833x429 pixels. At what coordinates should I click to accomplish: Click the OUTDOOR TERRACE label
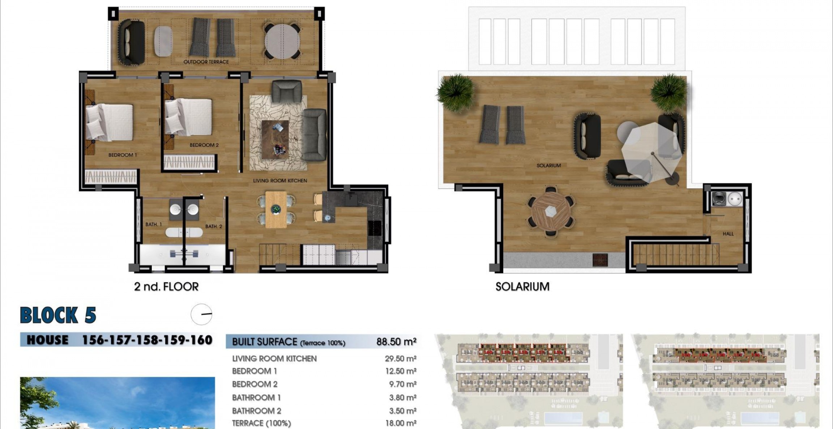(206, 62)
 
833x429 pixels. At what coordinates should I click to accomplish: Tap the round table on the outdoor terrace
(282, 41)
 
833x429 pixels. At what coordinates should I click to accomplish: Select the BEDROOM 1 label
(123, 155)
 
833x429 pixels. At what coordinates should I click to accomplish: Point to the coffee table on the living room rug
(275, 139)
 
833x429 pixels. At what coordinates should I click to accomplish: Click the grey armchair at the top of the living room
(286, 91)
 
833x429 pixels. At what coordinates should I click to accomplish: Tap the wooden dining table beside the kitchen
(276, 210)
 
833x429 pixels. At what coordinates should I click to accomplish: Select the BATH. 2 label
(214, 227)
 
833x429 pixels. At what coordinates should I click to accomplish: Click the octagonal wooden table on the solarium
(551, 211)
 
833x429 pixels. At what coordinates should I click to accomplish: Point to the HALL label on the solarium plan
(728, 234)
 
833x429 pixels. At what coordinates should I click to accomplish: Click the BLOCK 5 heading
(58, 315)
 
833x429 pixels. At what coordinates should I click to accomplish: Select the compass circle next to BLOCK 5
(201, 314)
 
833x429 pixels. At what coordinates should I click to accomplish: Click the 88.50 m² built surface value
(396, 342)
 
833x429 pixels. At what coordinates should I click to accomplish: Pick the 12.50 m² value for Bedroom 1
(401, 371)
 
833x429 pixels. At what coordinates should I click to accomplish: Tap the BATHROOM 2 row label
(256, 411)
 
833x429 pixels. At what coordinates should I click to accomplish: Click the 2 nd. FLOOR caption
(166, 287)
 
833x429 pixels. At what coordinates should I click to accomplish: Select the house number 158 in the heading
(147, 340)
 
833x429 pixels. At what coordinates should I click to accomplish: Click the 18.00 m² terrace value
(401, 423)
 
